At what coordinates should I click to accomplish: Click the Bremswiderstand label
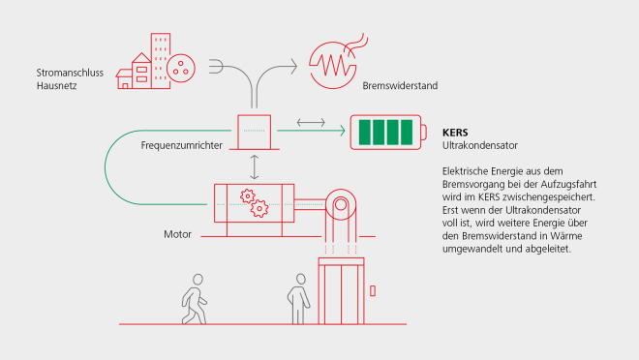click(400, 86)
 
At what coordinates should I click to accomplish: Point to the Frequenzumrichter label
click(182, 145)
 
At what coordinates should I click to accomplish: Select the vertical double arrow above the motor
click(255, 166)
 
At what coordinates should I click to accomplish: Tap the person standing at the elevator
click(298, 298)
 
